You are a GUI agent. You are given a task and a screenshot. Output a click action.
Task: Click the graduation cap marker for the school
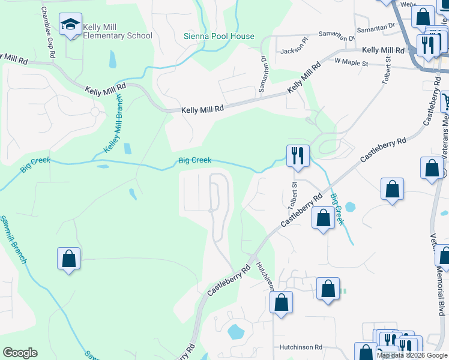(x=70, y=25)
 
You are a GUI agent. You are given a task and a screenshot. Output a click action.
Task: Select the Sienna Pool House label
(x=218, y=36)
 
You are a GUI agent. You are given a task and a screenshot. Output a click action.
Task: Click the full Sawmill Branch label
(x=13, y=239)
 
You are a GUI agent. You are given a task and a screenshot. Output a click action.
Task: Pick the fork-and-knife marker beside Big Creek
(x=298, y=157)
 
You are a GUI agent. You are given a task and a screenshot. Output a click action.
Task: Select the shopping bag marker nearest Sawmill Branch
(x=69, y=259)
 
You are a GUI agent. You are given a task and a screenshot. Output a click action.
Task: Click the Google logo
(x=20, y=353)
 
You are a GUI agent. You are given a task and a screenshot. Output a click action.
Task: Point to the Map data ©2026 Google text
(x=412, y=355)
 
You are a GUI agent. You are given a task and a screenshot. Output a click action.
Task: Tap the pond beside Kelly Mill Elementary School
(x=113, y=59)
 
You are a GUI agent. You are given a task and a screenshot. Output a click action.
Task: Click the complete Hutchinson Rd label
(x=301, y=347)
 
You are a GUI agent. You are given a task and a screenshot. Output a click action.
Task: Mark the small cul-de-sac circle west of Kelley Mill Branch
(x=94, y=112)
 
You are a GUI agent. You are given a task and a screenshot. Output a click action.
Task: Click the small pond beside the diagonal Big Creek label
(x=350, y=208)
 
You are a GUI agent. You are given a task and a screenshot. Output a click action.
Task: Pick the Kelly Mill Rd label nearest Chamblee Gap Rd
(x=14, y=58)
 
